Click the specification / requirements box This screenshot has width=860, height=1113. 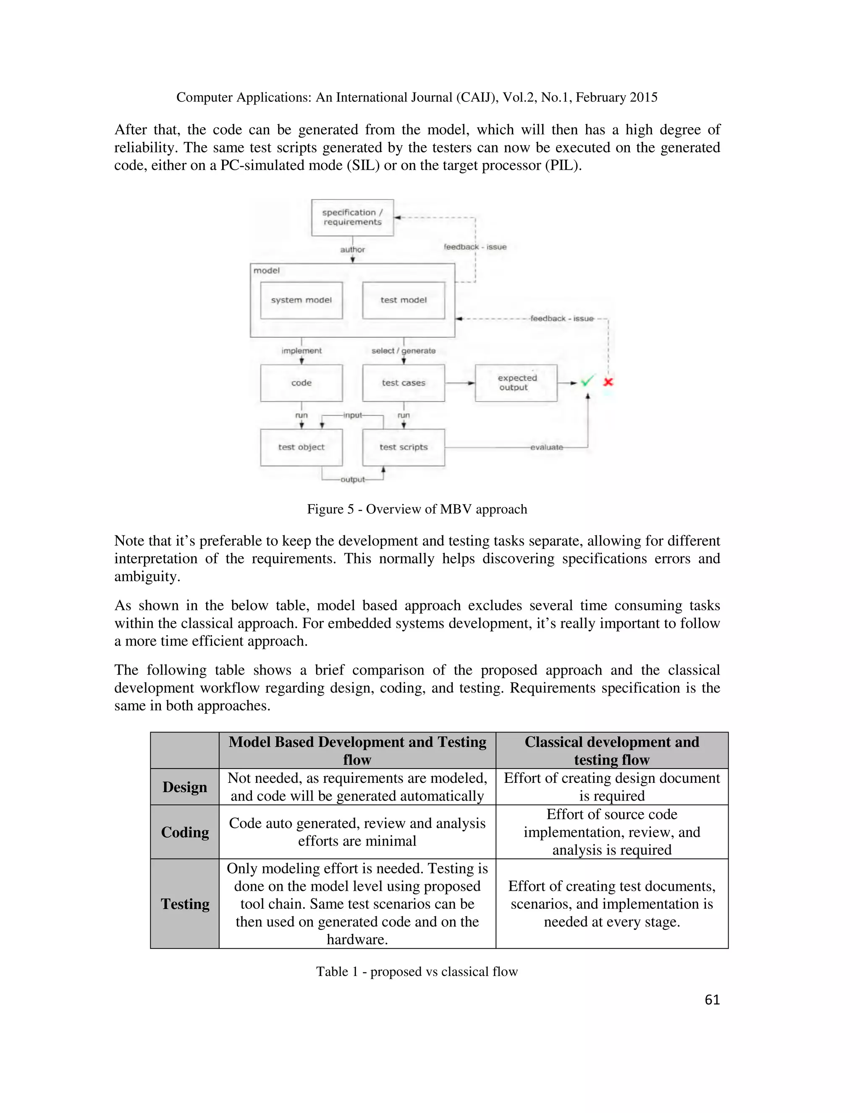click(352, 218)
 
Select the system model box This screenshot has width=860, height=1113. click(301, 300)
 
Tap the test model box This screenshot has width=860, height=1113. click(403, 300)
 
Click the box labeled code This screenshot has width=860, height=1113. click(301, 383)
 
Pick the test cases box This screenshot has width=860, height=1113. click(403, 383)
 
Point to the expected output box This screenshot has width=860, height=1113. click(516, 383)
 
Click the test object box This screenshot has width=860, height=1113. click(301, 447)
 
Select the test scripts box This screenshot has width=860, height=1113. click(403, 447)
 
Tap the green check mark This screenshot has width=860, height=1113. click(587, 381)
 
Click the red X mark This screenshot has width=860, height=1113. click(608, 382)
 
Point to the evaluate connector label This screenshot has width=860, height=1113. click(546, 447)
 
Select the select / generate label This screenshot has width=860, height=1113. click(403, 351)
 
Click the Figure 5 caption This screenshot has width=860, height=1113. click(417, 509)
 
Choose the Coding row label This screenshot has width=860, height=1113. click(184, 832)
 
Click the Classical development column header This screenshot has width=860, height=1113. click(611, 750)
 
